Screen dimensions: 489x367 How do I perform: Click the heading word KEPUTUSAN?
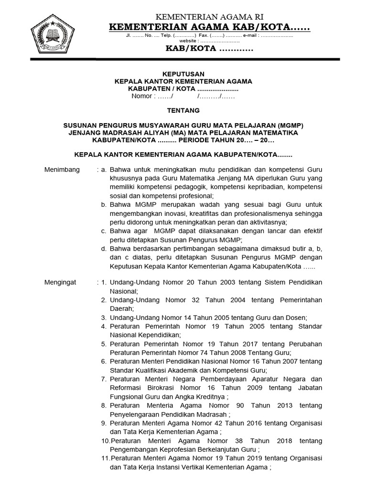pyautogui.click(x=183, y=74)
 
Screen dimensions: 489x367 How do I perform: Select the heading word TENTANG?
pyautogui.click(x=183, y=111)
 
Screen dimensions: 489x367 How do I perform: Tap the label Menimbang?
pyautogui.click(x=62, y=170)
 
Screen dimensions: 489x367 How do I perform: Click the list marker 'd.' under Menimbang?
pyautogui.click(x=104, y=249)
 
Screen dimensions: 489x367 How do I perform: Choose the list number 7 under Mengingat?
pyautogui.click(x=103, y=379)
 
